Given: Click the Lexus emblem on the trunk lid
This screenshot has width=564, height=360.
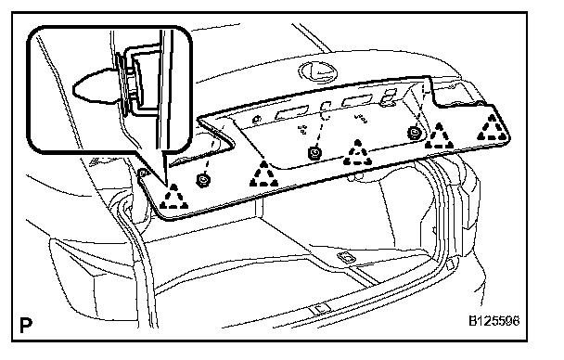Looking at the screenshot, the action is [x=318, y=71].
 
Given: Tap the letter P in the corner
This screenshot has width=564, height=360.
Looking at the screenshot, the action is [x=26, y=325].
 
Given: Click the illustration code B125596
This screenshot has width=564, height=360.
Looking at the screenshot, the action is [x=493, y=320].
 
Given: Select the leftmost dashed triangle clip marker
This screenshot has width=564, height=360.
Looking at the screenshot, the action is [x=173, y=197].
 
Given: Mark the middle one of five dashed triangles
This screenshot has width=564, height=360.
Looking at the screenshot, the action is [x=357, y=153].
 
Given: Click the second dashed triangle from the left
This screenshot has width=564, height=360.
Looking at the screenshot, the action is [x=263, y=174].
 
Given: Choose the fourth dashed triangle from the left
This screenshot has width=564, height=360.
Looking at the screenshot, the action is [x=439, y=136].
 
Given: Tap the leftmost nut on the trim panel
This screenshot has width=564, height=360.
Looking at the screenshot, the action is [x=202, y=179].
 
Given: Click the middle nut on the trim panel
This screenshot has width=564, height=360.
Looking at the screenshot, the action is [x=315, y=154].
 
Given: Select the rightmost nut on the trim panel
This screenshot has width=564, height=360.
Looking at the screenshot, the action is [x=415, y=132].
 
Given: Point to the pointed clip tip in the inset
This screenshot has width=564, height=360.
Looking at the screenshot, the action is [x=74, y=88].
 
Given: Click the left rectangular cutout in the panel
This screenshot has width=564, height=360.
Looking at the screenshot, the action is [x=291, y=113].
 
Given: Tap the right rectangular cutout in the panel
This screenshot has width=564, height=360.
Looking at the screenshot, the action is [x=357, y=101].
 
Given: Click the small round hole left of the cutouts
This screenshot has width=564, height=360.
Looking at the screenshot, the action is [x=257, y=119].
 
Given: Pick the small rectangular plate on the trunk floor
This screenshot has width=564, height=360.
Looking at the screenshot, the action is [x=346, y=257].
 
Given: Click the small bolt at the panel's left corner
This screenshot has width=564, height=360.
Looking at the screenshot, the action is [x=143, y=173].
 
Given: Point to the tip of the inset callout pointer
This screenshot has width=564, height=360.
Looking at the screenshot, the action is [x=166, y=186].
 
